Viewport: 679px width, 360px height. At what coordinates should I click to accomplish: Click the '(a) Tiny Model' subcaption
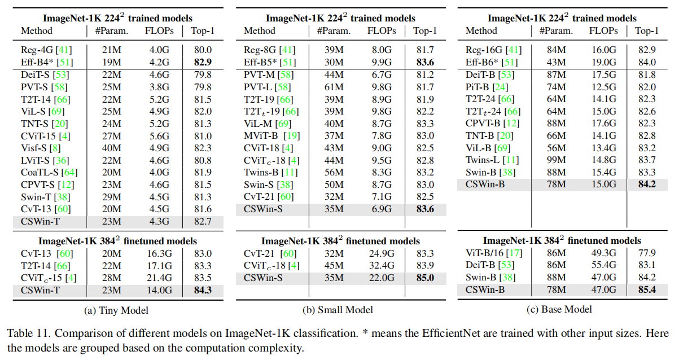[115, 309]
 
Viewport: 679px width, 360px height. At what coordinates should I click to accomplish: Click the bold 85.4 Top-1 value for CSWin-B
[647, 290]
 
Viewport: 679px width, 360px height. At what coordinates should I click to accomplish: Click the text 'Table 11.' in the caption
[25, 332]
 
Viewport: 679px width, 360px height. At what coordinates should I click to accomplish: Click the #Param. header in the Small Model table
[332, 30]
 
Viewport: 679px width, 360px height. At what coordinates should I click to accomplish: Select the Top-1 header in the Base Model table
[647, 30]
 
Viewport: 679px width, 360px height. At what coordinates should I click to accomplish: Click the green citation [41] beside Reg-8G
[287, 50]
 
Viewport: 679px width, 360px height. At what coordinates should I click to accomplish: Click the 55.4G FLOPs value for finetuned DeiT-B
[605, 265]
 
